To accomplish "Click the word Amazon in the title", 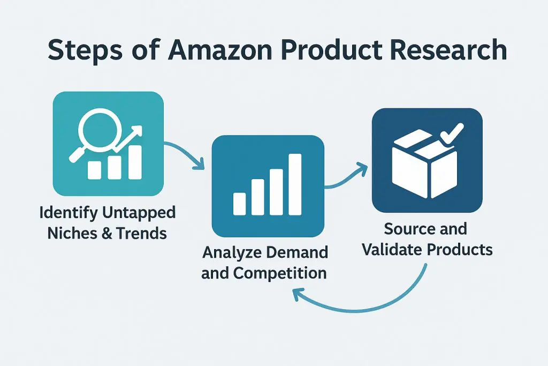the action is point(220,49).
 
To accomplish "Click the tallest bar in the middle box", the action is point(295,184).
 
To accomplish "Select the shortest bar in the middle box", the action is point(239,204).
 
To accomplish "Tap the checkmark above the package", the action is point(452,135).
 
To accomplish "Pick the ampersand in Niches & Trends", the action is point(106,234).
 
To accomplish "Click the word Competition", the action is point(280,273).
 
